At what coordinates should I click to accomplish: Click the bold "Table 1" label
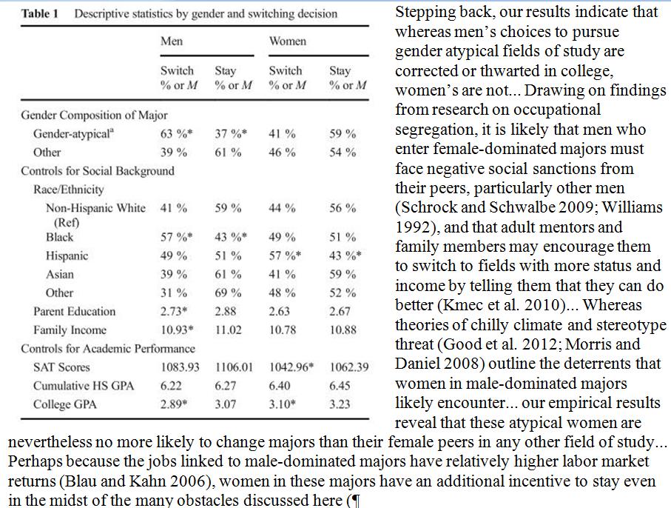[x=41, y=14]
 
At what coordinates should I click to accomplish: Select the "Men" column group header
[x=172, y=41]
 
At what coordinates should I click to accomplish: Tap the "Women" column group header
[x=287, y=41]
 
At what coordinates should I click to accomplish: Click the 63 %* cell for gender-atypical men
[x=176, y=134]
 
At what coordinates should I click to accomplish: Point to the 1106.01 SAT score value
[x=235, y=367]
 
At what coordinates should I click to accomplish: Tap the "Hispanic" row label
[x=67, y=256]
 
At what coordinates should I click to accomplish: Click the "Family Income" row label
[x=70, y=330]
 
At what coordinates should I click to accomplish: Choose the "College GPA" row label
[x=65, y=404]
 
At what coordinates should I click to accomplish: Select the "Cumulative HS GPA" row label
[x=82, y=386]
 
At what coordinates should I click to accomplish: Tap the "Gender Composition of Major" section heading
[x=94, y=116]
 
